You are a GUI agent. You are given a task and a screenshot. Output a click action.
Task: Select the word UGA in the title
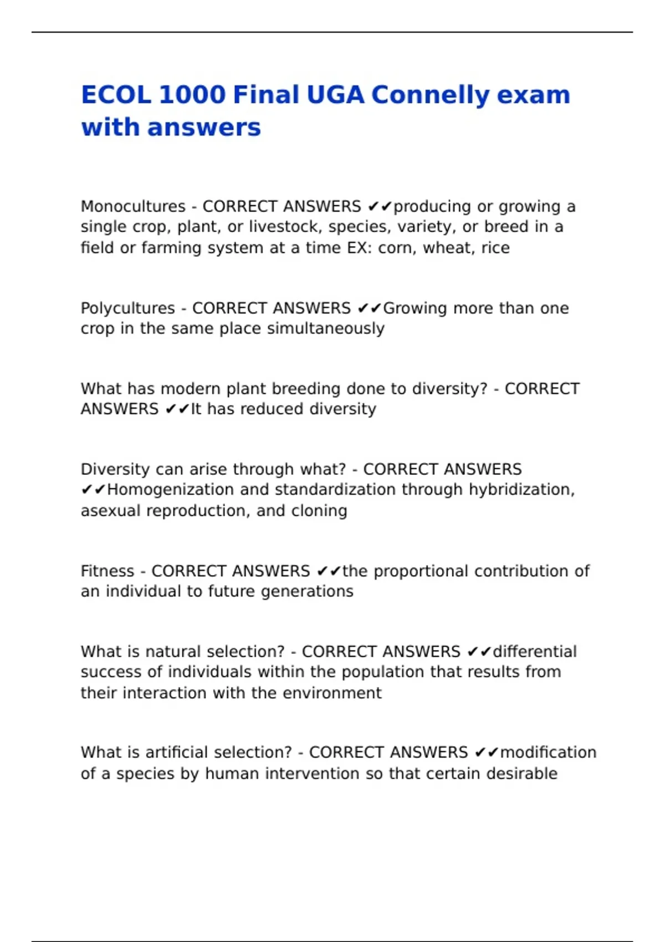click(x=335, y=95)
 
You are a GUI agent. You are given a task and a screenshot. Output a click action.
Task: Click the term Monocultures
click(x=133, y=207)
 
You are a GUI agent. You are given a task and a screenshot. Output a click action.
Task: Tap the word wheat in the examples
click(x=447, y=248)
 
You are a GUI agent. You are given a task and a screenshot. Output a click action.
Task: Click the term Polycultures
click(x=127, y=309)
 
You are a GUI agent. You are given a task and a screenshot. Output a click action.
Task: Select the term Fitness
click(x=108, y=571)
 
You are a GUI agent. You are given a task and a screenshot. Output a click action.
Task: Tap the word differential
click(x=535, y=652)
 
